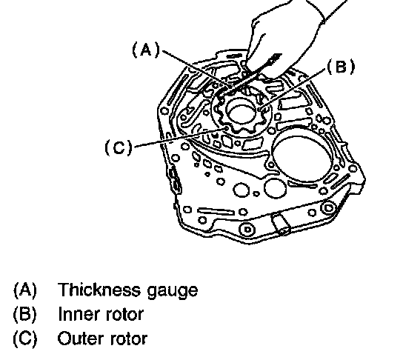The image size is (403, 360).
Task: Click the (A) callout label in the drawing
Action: click(x=146, y=50)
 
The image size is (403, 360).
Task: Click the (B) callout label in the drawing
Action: click(x=341, y=67)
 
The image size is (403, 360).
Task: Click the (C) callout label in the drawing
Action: click(x=119, y=147)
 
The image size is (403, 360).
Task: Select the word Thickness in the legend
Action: click(x=99, y=290)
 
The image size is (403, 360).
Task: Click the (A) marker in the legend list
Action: click(x=25, y=290)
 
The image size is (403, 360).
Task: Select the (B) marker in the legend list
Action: click(x=25, y=314)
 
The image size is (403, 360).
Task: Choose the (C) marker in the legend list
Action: click(x=25, y=339)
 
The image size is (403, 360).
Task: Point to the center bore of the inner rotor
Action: click(x=241, y=113)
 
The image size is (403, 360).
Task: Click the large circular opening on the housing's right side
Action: click(x=302, y=157)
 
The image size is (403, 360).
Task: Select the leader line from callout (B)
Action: click(x=294, y=89)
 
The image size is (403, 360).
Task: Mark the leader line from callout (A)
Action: click(x=196, y=69)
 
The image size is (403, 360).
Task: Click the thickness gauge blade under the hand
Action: click(x=250, y=76)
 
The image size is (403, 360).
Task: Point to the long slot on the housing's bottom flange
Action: click(x=216, y=211)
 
